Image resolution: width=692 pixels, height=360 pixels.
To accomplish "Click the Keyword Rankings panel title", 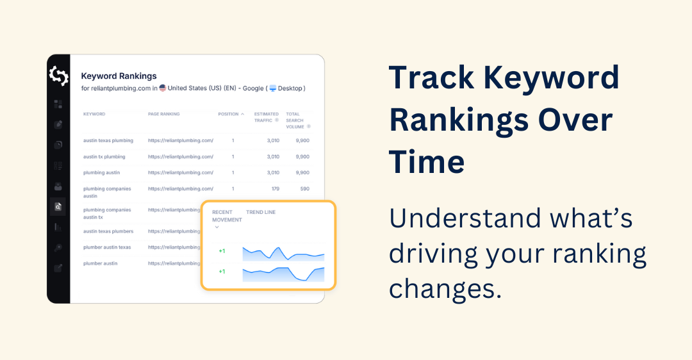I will (x=119, y=76).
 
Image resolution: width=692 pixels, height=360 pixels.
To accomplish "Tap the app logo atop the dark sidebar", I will (x=58, y=76).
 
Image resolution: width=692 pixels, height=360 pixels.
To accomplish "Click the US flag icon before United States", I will (x=163, y=88).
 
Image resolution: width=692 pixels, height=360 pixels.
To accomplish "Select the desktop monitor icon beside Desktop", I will (x=272, y=88).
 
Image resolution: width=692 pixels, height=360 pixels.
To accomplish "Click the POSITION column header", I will (x=228, y=114).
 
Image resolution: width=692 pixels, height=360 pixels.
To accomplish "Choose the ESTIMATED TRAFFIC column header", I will (x=267, y=117).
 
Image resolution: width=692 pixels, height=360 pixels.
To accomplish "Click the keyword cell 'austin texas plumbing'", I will (x=108, y=140).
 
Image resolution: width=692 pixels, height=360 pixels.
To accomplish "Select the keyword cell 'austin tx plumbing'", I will (x=104, y=156).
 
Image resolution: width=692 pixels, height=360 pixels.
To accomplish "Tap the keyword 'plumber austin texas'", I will (x=107, y=247).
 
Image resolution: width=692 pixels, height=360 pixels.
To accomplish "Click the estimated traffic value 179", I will (x=275, y=189).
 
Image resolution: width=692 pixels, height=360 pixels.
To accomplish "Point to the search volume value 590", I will (x=304, y=189).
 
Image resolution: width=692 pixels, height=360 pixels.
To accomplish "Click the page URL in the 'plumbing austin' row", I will (x=180, y=172).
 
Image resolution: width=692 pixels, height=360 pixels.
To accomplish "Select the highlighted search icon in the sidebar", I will (x=58, y=206).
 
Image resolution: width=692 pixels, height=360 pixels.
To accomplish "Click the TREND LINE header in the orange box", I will (x=261, y=212).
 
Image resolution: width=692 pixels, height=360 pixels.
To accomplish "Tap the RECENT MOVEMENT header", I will (x=227, y=216).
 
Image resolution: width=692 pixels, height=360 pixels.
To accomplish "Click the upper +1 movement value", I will (x=222, y=251).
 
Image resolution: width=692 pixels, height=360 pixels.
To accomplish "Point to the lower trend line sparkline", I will (x=283, y=274).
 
